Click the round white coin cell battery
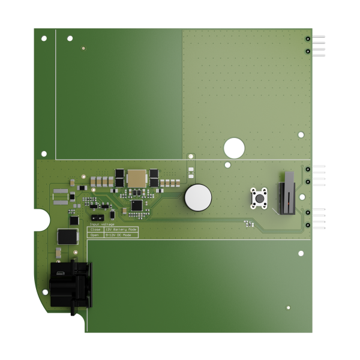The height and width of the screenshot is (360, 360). (x=198, y=197)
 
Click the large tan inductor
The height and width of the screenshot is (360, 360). (x=137, y=178)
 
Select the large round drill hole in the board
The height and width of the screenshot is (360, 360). (x=234, y=148)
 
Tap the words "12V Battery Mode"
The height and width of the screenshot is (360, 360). (x=121, y=229)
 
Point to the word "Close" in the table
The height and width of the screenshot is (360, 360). (x=95, y=229)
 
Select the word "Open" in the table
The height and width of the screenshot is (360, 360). (x=95, y=235)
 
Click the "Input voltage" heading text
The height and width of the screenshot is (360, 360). (x=102, y=224)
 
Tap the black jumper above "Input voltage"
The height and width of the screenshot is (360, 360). (x=97, y=217)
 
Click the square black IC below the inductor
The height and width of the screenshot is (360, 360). (x=137, y=205)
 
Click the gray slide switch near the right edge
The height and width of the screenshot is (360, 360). (x=289, y=193)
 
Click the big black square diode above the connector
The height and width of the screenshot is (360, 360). (x=67, y=236)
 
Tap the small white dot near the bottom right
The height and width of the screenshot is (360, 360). (x=288, y=307)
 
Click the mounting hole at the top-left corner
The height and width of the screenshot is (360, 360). (x=44, y=38)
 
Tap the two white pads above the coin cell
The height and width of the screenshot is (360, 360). (x=191, y=172)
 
